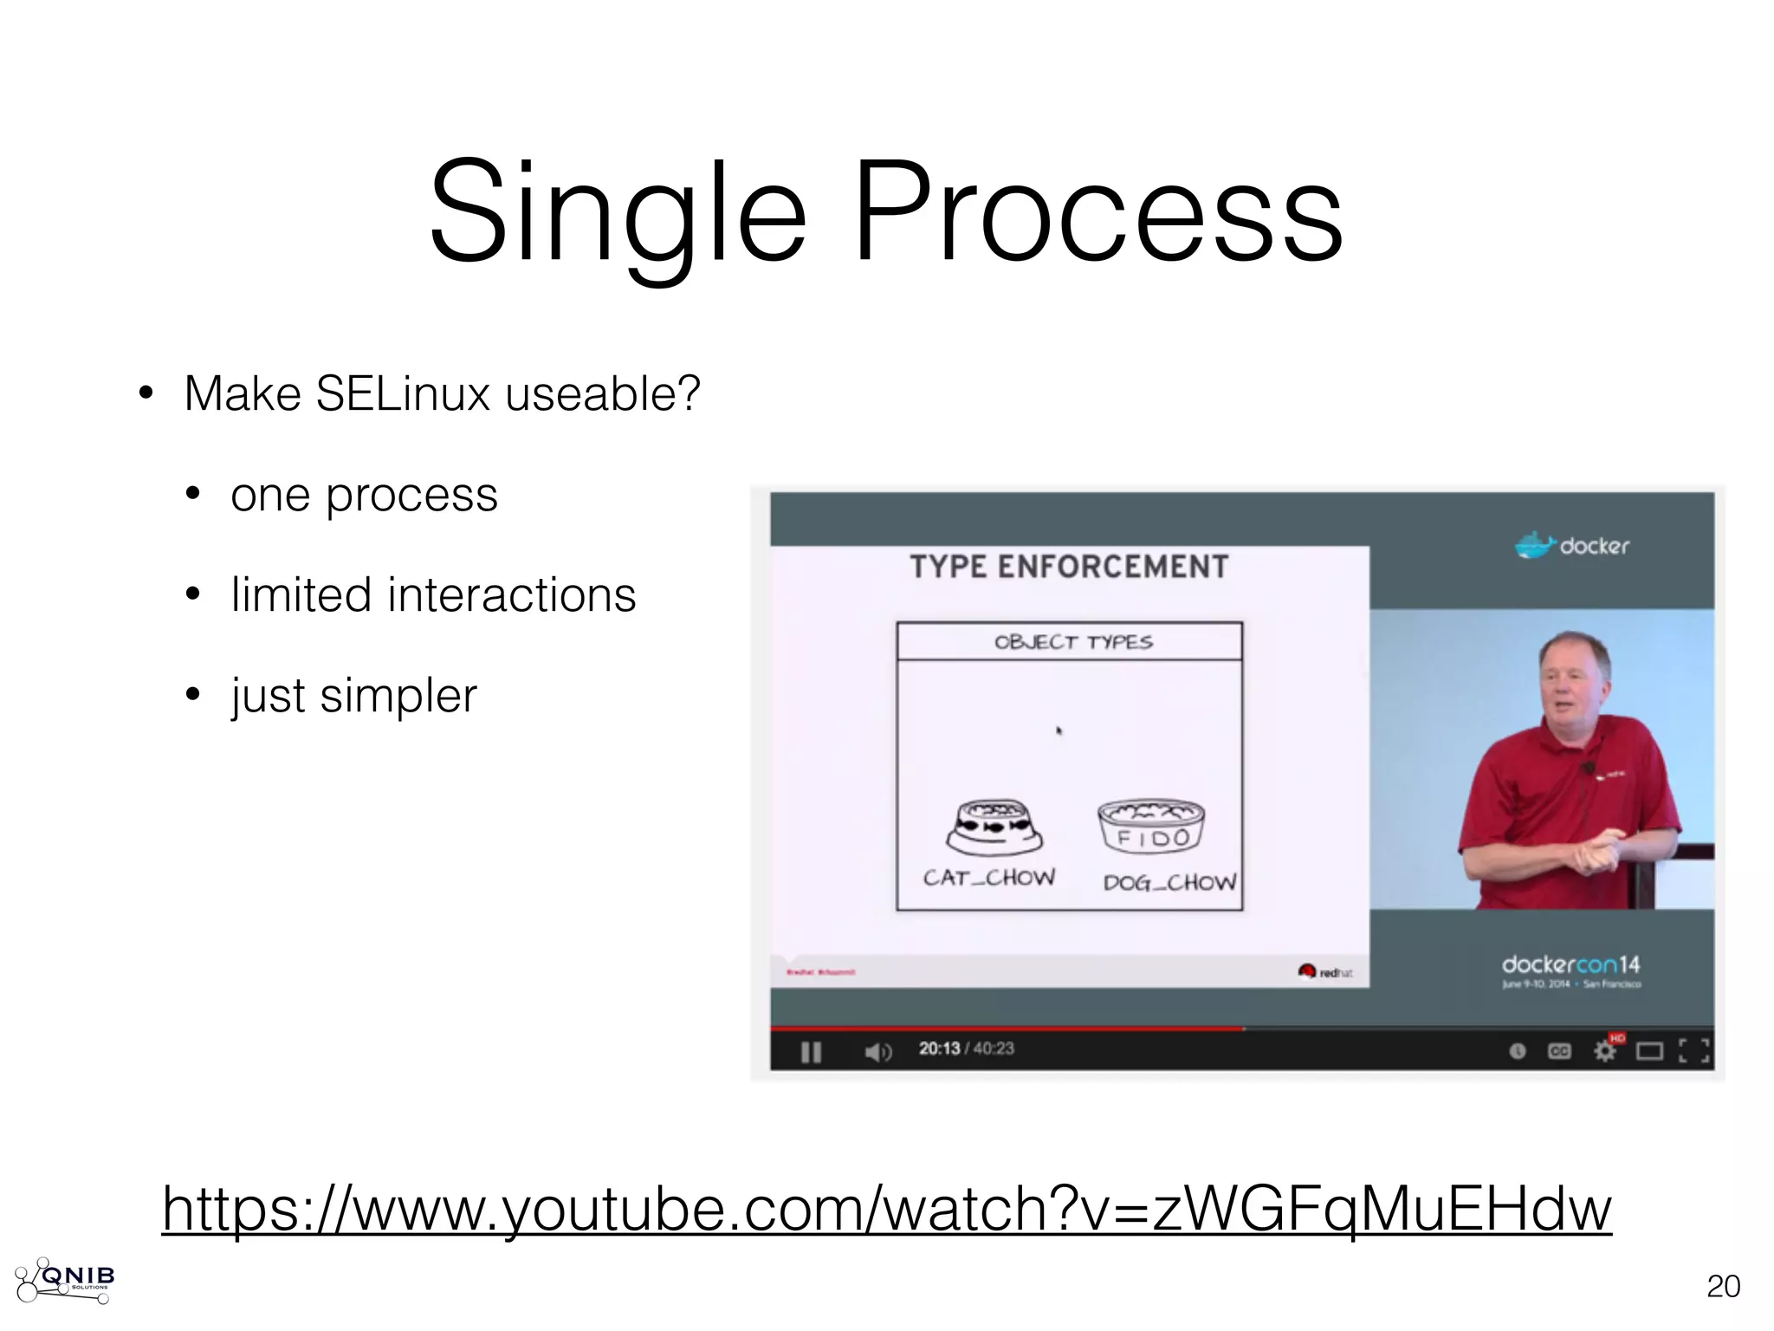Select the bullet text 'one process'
tap(364, 496)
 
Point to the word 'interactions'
tap(511, 595)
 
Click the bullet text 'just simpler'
tap(353, 696)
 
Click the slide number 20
tap(1723, 1286)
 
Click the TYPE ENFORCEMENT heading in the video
tap(1069, 567)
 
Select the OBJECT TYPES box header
tap(1072, 642)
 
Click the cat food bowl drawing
tap(994, 827)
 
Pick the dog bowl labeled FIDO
tap(1151, 826)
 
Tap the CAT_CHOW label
tap(989, 878)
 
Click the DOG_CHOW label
tap(1169, 883)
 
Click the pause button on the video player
tap(811, 1052)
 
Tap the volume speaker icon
tap(877, 1052)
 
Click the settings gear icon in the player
tap(1604, 1051)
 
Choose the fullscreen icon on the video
tap(1694, 1051)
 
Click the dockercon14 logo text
tap(1570, 964)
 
